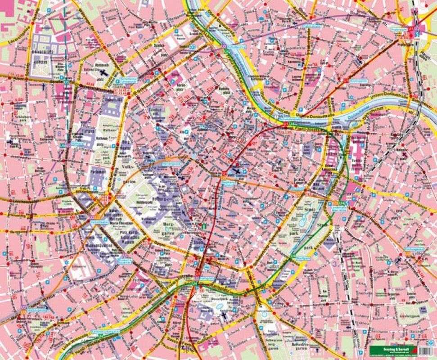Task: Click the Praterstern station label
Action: [x=398, y=29]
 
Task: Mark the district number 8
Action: [x=59, y=133]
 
